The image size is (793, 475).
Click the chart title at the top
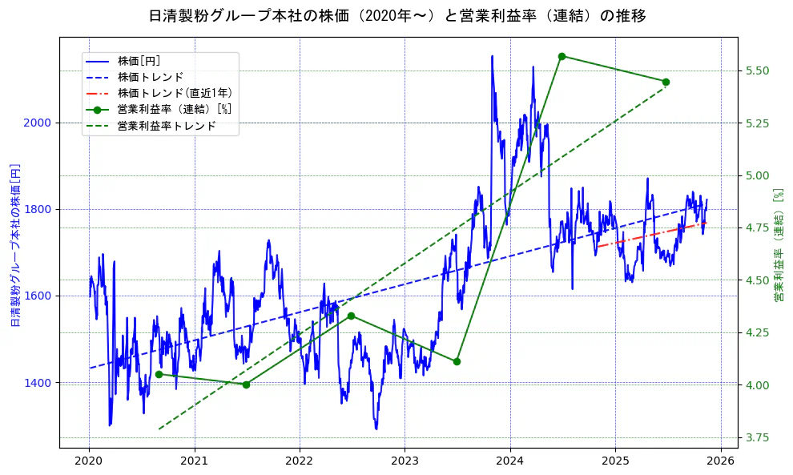point(397,16)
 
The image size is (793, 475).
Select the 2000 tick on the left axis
point(39,123)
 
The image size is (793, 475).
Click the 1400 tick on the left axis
point(39,383)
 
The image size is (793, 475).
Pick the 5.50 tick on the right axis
point(757,70)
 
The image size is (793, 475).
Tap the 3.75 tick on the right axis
point(757,437)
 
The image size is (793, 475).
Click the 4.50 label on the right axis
point(757,280)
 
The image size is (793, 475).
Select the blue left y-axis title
point(14,246)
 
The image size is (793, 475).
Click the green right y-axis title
point(778,246)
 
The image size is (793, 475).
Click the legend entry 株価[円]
point(139,62)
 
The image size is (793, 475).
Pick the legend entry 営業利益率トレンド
point(167,126)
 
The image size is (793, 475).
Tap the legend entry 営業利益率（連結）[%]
point(174,110)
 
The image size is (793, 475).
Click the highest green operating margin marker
point(562,56)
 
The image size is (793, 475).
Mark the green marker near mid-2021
point(246,384)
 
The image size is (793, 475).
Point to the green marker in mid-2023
point(457,361)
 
